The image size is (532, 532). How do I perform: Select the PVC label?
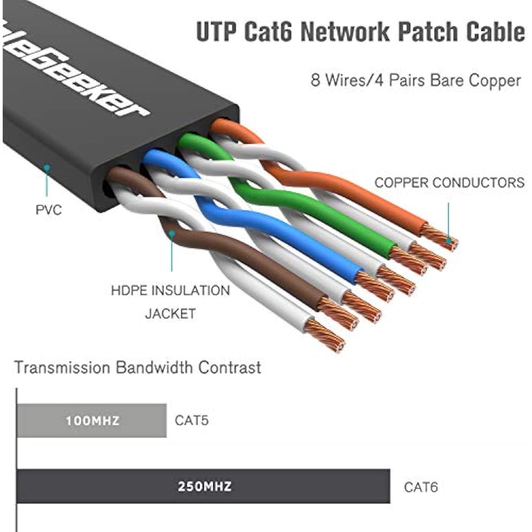(48, 210)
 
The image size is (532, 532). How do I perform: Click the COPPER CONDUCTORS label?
(450, 183)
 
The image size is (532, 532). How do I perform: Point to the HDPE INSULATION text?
(170, 291)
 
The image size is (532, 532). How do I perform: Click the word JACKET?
(170, 314)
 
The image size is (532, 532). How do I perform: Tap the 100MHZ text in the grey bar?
(93, 421)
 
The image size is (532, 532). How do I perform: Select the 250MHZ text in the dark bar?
(204, 486)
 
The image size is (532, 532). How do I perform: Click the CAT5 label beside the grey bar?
(192, 421)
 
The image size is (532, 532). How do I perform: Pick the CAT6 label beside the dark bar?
(421, 487)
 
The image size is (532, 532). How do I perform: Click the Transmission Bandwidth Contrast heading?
(137, 367)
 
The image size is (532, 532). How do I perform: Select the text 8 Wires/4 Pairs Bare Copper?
(415, 80)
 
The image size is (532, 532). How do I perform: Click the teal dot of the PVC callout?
(47, 167)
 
